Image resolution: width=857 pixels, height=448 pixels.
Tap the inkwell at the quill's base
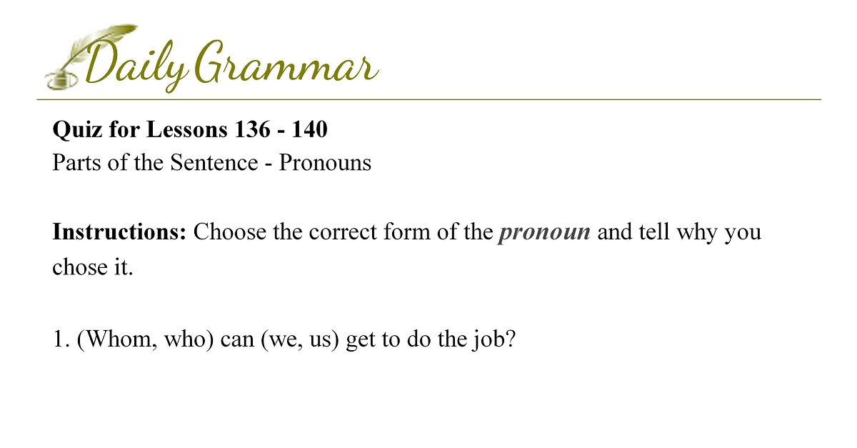click(x=61, y=81)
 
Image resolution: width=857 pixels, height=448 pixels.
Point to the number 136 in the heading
click(x=253, y=129)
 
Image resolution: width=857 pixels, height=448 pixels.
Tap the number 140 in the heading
click(x=309, y=129)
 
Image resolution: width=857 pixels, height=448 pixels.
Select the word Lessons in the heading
click(x=187, y=129)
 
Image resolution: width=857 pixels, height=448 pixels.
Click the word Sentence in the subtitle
click(x=214, y=162)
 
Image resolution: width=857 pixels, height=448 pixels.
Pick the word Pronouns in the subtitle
click(x=325, y=162)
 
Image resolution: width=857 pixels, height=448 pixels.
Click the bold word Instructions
click(x=119, y=232)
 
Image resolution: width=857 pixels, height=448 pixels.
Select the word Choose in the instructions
click(x=229, y=232)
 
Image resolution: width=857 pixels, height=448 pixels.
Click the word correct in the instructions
click(x=342, y=232)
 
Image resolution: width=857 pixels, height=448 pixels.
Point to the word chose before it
click(x=80, y=267)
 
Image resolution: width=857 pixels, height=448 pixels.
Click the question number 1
click(x=58, y=339)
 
